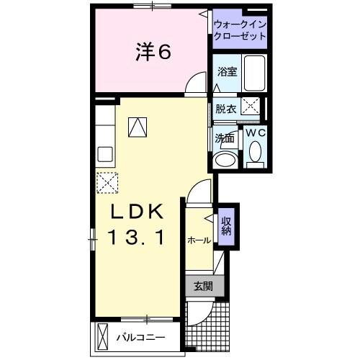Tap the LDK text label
click(137, 211)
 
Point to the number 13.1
click(137, 237)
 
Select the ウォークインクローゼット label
click(240, 30)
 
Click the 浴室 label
click(228, 71)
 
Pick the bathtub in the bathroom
click(255, 73)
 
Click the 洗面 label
click(225, 138)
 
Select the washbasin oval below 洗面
click(225, 159)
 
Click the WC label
click(256, 132)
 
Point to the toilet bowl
click(255, 151)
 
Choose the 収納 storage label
click(226, 226)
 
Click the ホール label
click(199, 240)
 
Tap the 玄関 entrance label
click(203, 286)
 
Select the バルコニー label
click(140, 338)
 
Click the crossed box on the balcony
click(102, 338)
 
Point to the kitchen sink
click(105, 154)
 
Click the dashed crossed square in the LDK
click(107, 183)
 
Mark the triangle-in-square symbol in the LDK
click(138, 127)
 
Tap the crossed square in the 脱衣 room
click(250, 106)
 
